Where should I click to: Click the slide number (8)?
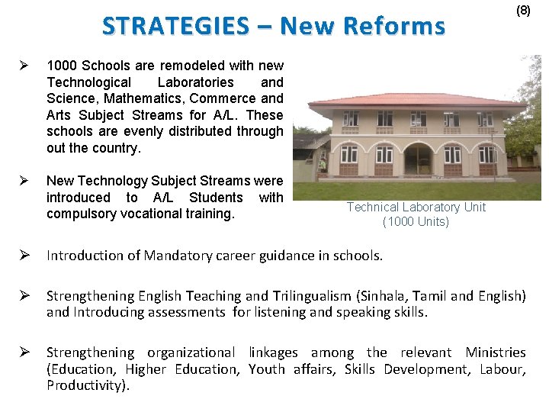point(523,11)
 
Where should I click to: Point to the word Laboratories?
point(196,82)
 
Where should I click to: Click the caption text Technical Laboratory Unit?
point(416,208)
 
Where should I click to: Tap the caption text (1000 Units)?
point(416,222)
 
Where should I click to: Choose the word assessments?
point(186,311)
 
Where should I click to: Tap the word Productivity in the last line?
point(86,385)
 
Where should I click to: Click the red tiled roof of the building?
point(412,100)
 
